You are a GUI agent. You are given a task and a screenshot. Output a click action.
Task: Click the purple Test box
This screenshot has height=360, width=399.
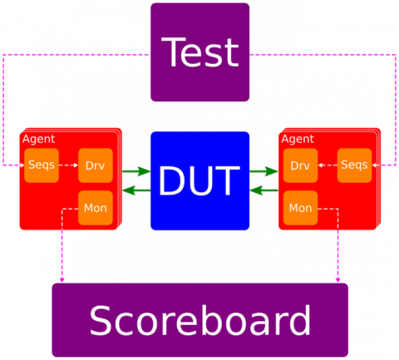coord(199,52)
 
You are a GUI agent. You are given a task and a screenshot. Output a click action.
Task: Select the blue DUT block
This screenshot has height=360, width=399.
coord(199,180)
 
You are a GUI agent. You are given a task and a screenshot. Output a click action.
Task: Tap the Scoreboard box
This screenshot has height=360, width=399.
coord(199,320)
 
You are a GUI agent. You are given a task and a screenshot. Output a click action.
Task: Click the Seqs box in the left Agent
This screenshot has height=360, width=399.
coord(42,165)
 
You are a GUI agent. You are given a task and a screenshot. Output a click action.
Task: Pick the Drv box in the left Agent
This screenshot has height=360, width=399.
coord(96,165)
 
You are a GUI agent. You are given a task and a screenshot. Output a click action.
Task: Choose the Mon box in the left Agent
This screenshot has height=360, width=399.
coord(96,208)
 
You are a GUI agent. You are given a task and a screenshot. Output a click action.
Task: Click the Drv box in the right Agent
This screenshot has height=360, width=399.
coord(300,165)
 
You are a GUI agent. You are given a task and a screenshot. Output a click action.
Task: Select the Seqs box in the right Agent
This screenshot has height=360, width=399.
coord(354,165)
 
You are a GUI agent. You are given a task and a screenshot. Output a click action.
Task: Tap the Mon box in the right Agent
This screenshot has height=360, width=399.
coord(300,208)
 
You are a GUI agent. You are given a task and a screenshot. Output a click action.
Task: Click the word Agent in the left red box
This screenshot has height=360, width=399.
coord(39,139)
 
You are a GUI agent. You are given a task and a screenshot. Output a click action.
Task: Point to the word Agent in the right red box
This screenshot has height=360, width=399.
coord(298,139)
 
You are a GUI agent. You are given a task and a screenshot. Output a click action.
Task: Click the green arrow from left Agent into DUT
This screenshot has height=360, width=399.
coord(136,171)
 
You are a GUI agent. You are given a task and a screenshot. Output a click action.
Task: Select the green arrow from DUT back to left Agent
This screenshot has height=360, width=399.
coord(136,190)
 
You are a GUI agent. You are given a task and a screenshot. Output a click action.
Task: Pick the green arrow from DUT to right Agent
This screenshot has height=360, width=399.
coord(264,171)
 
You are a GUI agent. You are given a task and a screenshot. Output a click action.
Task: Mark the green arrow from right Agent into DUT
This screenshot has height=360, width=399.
coord(264,190)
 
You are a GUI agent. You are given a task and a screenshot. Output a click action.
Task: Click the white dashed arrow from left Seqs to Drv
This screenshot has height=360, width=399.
coord(68,165)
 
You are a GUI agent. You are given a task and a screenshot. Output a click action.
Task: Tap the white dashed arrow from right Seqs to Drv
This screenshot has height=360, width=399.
coord(328,165)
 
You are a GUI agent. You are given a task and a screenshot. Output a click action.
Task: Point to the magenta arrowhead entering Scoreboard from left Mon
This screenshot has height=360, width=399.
coord(62,280)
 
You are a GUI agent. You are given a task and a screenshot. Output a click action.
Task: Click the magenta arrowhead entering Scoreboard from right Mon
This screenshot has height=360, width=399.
coord(337,280)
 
